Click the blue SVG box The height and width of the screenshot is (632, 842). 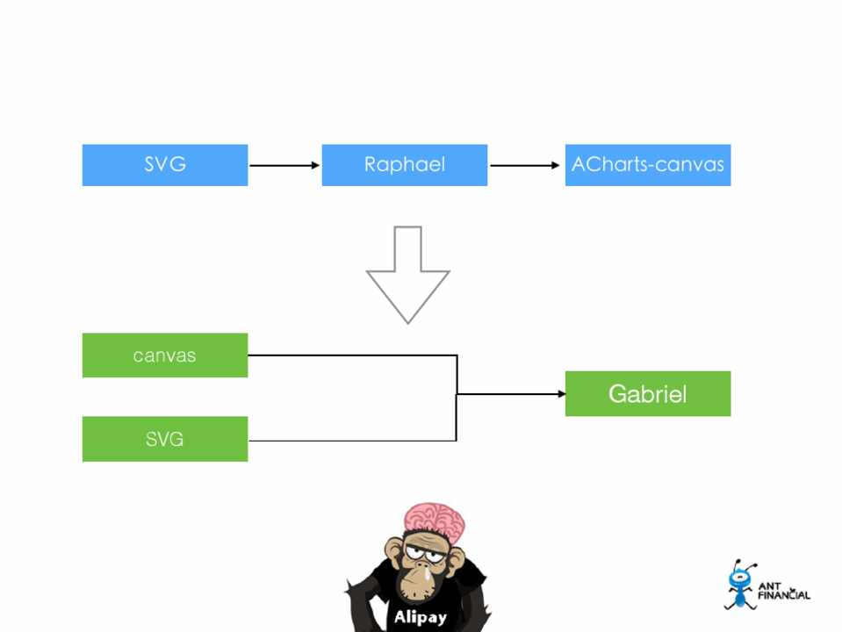165,165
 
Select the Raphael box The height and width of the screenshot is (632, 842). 404,165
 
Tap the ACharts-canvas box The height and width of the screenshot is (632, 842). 647,165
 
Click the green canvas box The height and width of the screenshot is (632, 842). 165,355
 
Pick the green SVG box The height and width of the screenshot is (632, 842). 165,439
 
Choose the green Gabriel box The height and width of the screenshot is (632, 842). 647,393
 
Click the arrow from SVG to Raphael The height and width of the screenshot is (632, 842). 284,165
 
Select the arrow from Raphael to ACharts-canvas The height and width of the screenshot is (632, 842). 524,165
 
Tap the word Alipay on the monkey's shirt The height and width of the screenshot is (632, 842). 420,617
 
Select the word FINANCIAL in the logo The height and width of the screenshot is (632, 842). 783,595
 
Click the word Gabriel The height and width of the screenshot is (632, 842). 647,394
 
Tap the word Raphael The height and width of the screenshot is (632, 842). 404,165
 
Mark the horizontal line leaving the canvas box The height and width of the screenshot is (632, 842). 351,355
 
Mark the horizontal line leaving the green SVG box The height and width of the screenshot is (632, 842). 351,440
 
